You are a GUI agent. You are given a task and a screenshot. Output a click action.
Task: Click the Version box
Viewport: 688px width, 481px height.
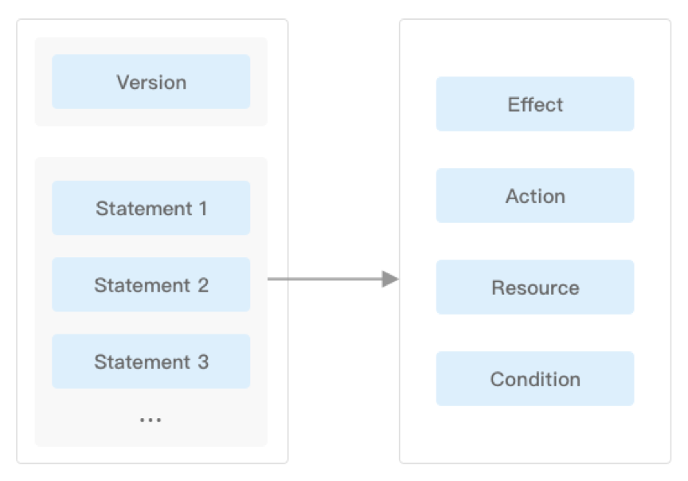pos(151,82)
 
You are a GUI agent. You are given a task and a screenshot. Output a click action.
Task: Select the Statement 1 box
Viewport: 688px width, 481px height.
pos(151,208)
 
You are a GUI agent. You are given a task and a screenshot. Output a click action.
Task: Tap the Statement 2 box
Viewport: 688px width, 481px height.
pos(151,284)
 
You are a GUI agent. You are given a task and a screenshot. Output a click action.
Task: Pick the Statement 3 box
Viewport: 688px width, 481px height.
pos(151,362)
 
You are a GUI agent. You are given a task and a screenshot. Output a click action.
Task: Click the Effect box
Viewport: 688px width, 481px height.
pos(535,104)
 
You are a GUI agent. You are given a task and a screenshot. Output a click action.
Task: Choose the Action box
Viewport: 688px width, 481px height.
pos(535,195)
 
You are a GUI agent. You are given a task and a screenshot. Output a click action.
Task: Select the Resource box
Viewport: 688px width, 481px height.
pos(535,287)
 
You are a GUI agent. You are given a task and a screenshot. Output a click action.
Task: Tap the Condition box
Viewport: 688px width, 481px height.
pos(535,378)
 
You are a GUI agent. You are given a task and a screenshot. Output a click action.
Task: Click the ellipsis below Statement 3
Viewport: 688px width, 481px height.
pos(150,420)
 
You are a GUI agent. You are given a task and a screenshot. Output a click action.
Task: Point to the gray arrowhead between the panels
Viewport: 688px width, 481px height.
pos(390,279)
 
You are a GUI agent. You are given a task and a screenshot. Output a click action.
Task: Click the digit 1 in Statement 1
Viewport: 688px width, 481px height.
pos(203,209)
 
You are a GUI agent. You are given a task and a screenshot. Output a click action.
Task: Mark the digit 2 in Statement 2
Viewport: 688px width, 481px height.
pos(203,285)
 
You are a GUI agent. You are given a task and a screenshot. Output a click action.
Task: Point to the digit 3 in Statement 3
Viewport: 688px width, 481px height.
pos(203,362)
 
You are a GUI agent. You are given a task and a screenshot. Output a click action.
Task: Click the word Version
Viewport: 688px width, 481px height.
pos(151,83)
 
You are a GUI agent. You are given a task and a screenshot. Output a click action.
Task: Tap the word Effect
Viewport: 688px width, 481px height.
pos(535,104)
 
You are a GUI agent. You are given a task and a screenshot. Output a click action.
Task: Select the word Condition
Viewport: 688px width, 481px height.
pos(535,379)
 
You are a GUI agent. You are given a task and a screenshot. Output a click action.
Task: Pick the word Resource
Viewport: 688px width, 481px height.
pos(535,288)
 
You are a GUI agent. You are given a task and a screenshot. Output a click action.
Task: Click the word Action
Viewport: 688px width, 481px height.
pos(535,196)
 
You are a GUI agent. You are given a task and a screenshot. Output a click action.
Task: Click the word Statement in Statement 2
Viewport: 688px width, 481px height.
pos(143,285)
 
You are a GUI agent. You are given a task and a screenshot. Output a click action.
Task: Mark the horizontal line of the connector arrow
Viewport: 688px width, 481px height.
pos(325,279)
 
